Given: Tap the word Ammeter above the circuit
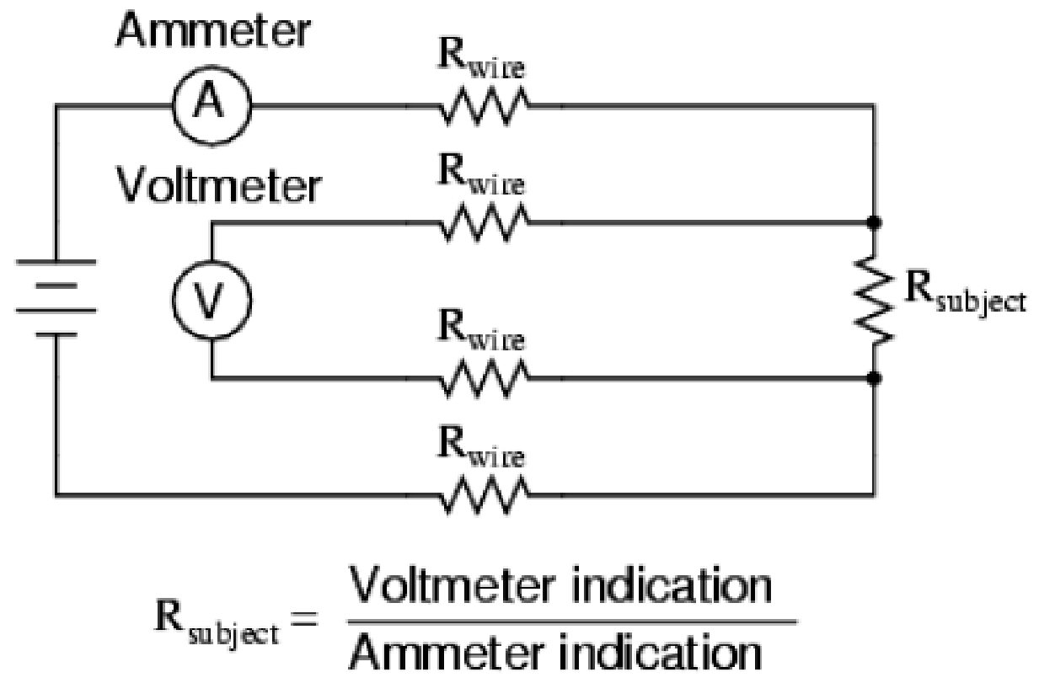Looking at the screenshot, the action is tap(213, 30).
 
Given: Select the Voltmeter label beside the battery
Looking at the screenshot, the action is tap(218, 185).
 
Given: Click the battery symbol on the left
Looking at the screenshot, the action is tap(56, 297).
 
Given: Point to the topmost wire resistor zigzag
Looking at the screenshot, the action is tap(484, 106).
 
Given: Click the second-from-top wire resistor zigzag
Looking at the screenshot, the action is tap(484, 222).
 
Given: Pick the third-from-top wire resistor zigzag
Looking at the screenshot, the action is tap(484, 378).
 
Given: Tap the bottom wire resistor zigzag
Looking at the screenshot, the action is tap(484, 494).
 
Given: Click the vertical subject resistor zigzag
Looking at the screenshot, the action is tap(873, 301).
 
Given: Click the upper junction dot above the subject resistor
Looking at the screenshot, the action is tap(874, 222).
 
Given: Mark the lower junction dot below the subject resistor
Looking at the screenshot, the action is tap(874, 378).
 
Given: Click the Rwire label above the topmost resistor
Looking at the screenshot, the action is tap(481, 58).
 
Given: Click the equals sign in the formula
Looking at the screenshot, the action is tap(304, 620).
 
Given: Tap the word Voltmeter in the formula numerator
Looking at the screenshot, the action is tap(452, 584).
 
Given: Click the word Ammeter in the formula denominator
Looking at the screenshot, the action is tap(446, 653).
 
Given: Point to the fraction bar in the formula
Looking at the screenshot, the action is tap(572, 622).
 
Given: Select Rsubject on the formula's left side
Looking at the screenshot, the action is tap(217, 622).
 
